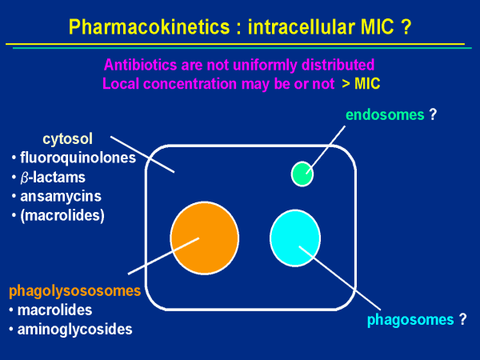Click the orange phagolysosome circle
[204, 238]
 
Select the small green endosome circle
[302, 173]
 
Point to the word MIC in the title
[372, 26]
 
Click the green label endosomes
[384, 114]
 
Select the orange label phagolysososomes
[74, 290]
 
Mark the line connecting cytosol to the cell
[142, 154]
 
